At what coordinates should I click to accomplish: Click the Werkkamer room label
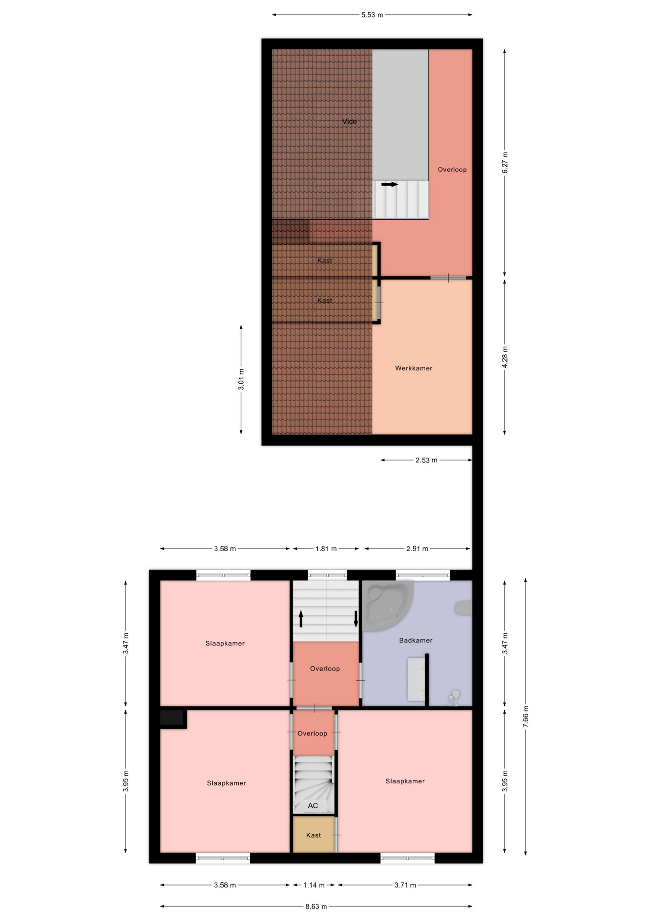[414, 368]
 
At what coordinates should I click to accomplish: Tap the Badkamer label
[416, 640]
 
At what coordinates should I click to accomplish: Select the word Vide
[349, 121]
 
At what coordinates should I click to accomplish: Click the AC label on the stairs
[313, 805]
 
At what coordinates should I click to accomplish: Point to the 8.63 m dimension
[316, 907]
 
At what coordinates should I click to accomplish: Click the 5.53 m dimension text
[372, 15]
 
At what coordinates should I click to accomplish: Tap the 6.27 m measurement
[505, 163]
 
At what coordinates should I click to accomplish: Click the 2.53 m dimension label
[426, 460]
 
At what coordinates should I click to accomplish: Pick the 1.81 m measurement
[326, 548]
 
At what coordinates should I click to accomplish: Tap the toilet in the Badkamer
[463, 608]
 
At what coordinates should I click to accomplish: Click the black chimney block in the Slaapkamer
[173, 719]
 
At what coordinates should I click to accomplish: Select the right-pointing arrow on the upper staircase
[390, 184]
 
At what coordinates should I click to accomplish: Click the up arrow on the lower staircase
[301, 619]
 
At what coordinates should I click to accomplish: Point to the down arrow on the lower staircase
[356, 619]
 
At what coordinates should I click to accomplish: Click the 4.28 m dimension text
[505, 357]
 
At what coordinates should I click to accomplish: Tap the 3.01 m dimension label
[241, 379]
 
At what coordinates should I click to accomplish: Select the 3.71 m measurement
[405, 885]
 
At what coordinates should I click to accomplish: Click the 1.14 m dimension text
[314, 885]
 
